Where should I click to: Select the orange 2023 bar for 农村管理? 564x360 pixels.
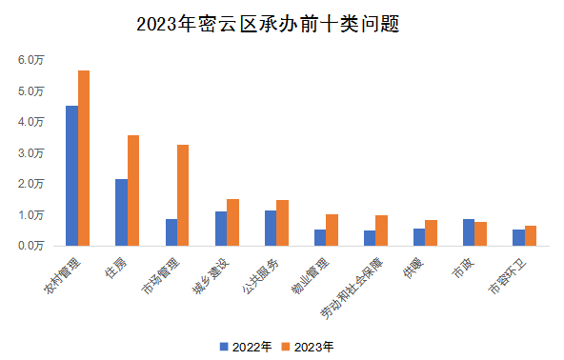(x=84, y=158)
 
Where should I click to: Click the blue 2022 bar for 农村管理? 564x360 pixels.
(x=71, y=175)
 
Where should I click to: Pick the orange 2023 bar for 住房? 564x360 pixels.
(x=133, y=190)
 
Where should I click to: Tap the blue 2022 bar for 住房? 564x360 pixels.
(x=121, y=212)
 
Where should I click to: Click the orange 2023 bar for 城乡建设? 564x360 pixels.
(x=232, y=222)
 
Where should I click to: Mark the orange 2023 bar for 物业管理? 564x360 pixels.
(x=332, y=230)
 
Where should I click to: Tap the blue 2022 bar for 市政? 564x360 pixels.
(x=469, y=232)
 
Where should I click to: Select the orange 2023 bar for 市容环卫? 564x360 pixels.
(x=530, y=235)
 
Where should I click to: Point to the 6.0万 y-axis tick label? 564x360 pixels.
(x=31, y=60)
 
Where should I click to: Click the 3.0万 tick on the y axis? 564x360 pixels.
(x=31, y=152)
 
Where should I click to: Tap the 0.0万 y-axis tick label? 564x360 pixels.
(x=31, y=245)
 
